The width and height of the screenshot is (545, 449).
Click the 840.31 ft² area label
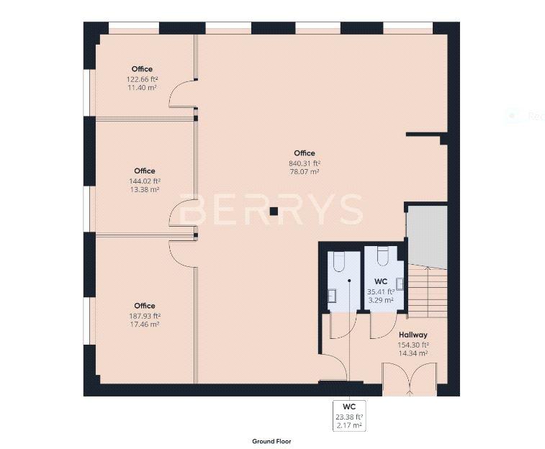point(305,163)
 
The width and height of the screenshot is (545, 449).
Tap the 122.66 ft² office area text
point(142,79)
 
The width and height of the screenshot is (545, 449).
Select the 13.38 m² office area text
point(145,189)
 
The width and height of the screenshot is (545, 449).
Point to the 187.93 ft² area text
point(145,316)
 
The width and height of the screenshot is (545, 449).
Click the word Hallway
point(413,335)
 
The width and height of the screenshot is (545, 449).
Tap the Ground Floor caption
point(271,441)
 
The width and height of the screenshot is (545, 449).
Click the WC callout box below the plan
point(349,416)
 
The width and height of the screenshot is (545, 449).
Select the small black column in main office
point(274,211)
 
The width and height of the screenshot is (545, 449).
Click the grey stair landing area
point(427,237)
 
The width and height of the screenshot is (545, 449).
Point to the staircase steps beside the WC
point(428,291)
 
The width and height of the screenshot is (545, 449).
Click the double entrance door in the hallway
point(410,379)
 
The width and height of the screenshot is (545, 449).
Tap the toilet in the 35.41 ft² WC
point(382,256)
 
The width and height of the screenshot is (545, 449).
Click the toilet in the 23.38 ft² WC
point(339,262)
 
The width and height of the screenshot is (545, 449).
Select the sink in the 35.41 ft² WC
point(400,284)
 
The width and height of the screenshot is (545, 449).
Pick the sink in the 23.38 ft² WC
point(332,296)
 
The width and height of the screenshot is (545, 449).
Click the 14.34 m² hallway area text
point(413,353)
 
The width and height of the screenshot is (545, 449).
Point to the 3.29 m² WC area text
point(381,300)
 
